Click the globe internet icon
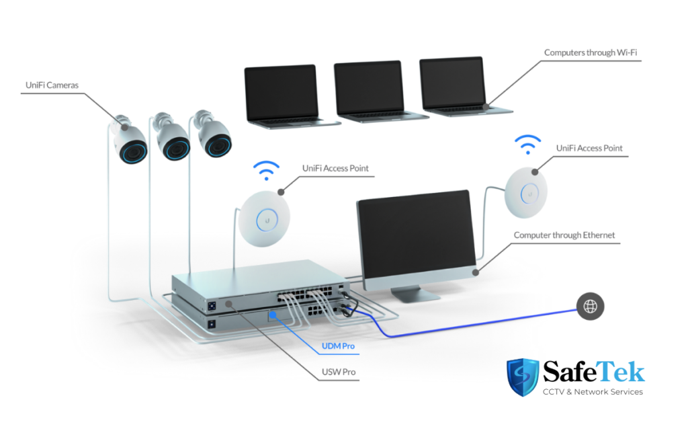(591, 307)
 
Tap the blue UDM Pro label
(338, 346)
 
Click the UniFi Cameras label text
(52, 85)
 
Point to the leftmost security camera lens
(133, 151)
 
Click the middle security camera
(172, 138)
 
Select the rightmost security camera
(214, 134)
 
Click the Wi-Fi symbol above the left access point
(266, 171)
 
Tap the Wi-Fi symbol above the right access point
(527, 144)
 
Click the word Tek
(619, 372)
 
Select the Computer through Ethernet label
(564, 235)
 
